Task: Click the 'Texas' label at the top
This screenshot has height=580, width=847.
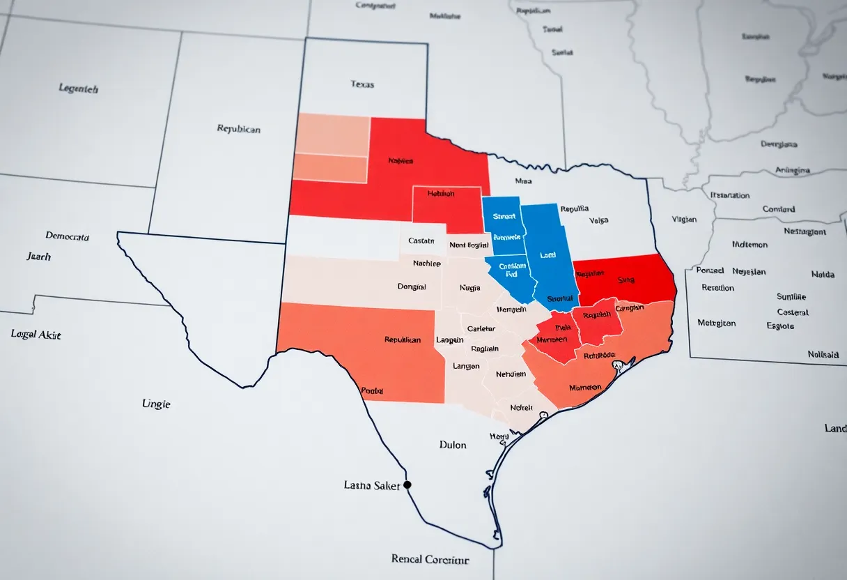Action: click(362, 84)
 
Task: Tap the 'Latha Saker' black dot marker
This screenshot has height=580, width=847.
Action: click(407, 484)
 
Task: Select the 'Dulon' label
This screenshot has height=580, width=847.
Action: click(453, 445)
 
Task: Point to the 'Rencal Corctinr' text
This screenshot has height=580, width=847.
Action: click(430, 559)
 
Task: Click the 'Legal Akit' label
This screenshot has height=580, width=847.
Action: click(36, 335)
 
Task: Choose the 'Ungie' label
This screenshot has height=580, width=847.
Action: click(156, 404)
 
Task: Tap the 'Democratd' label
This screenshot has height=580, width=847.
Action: click(67, 236)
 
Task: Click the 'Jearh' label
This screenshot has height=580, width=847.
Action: click(38, 257)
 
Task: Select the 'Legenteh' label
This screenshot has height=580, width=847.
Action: click(78, 89)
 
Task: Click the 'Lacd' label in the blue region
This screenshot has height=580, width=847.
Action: click(548, 255)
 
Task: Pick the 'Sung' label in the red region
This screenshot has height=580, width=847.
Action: click(625, 280)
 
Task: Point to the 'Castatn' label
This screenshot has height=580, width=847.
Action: click(421, 241)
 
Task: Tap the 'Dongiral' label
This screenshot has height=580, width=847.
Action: click(411, 286)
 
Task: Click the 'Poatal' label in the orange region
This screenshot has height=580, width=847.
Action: click(372, 391)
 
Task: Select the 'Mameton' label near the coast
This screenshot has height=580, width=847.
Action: click(584, 387)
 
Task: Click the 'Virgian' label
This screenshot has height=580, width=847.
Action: click(683, 219)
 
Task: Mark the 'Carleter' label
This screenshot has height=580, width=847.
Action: click(481, 328)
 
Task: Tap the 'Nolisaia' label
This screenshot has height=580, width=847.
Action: click(823, 354)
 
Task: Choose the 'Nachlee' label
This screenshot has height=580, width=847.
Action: click(426, 264)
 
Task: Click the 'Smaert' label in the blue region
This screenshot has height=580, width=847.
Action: click(504, 217)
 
